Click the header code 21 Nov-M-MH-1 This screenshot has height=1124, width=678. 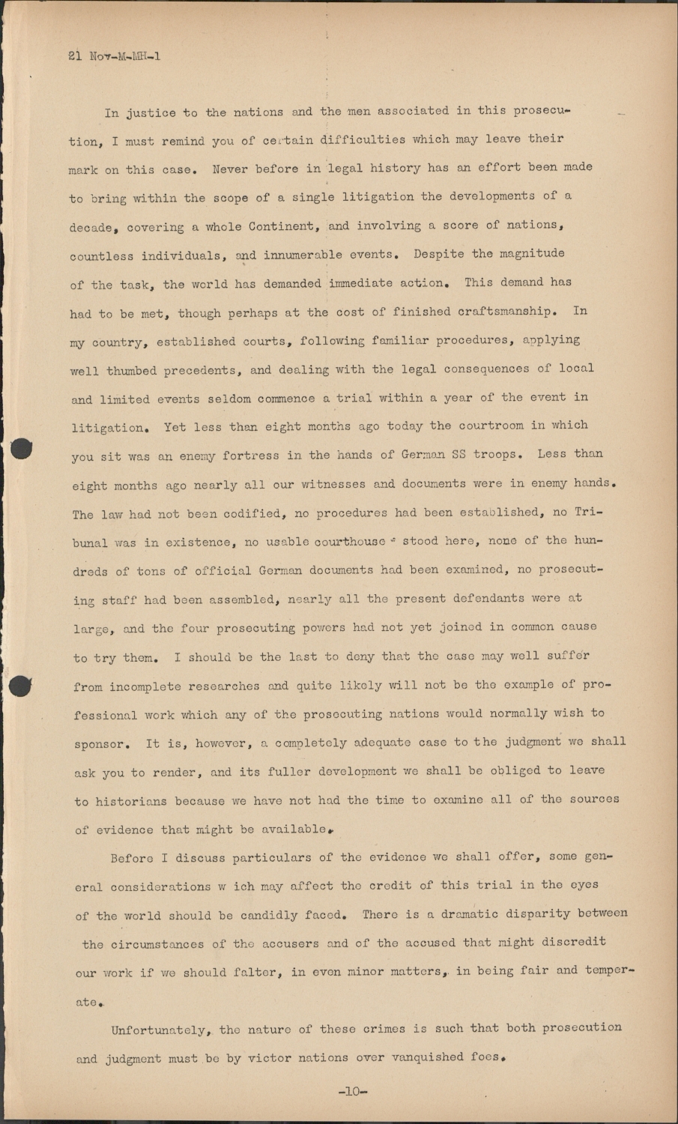coord(114,56)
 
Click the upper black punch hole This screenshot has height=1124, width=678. coord(22,447)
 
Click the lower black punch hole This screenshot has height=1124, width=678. coord(22,685)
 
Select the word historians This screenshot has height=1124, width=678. coord(121,801)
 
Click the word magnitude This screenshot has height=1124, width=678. coord(518,254)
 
